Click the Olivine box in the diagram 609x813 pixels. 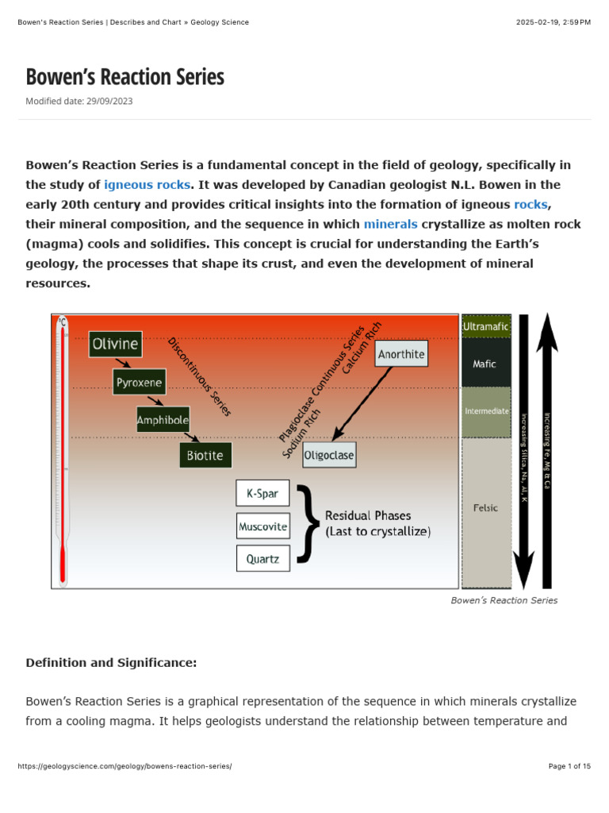[116, 345]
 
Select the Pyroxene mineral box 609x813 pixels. [139, 382]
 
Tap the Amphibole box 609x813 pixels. [163, 419]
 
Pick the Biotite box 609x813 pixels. [205, 456]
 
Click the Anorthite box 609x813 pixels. [401, 354]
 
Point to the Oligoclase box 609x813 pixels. [329, 456]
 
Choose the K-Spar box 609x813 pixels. [262, 493]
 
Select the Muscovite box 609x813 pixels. [262, 526]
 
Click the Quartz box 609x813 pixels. [262, 558]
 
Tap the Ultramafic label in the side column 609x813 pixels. [486, 326]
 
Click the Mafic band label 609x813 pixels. [485, 364]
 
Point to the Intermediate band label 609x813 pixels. [486, 411]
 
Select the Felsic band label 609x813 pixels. [485, 508]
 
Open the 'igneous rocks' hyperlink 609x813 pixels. [147, 184]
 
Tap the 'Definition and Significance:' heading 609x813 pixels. [111, 662]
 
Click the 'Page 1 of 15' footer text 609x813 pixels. [569, 766]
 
